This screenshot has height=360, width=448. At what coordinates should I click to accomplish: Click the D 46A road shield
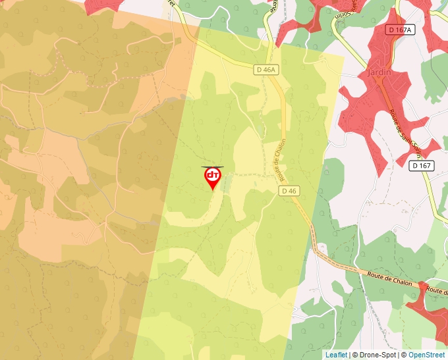266,69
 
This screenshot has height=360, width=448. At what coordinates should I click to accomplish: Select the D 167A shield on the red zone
399,30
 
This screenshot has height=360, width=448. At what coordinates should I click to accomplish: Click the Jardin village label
377,72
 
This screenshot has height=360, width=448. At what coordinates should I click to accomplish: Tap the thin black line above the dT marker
212,167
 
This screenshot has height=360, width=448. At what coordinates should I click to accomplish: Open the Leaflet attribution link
335,355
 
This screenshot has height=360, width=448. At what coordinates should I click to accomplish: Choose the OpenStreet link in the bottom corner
426,355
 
